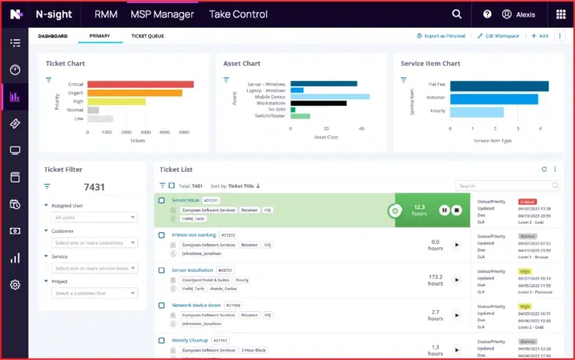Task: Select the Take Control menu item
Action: pyautogui.click(x=239, y=14)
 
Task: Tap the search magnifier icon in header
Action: pyautogui.click(x=457, y=14)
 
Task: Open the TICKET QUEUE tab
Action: pyautogui.click(x=147, y=36)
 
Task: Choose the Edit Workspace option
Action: pyautogui.click(x=497, y=36)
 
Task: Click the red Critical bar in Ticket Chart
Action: pyautogui.click(x=140, y=84)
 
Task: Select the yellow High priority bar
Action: pyautogui.click(x=116, y=102)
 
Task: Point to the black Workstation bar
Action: pyautogui.click(x=318, y=102)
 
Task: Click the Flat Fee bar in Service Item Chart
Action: pyautogui.click(x=499, y=86)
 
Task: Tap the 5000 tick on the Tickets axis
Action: pyautogui.click(x=183, y=131)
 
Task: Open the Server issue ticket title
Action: pyautogui.click(x=185, y=200)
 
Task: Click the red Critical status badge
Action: pyautogui.click(x=527, y=201)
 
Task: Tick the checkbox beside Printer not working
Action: pyautogui.click(x=162, y=235)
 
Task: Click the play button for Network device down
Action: pyautogui.click(x=457, y=315)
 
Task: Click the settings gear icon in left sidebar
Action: pyautogui.click(x=14, y=285)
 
